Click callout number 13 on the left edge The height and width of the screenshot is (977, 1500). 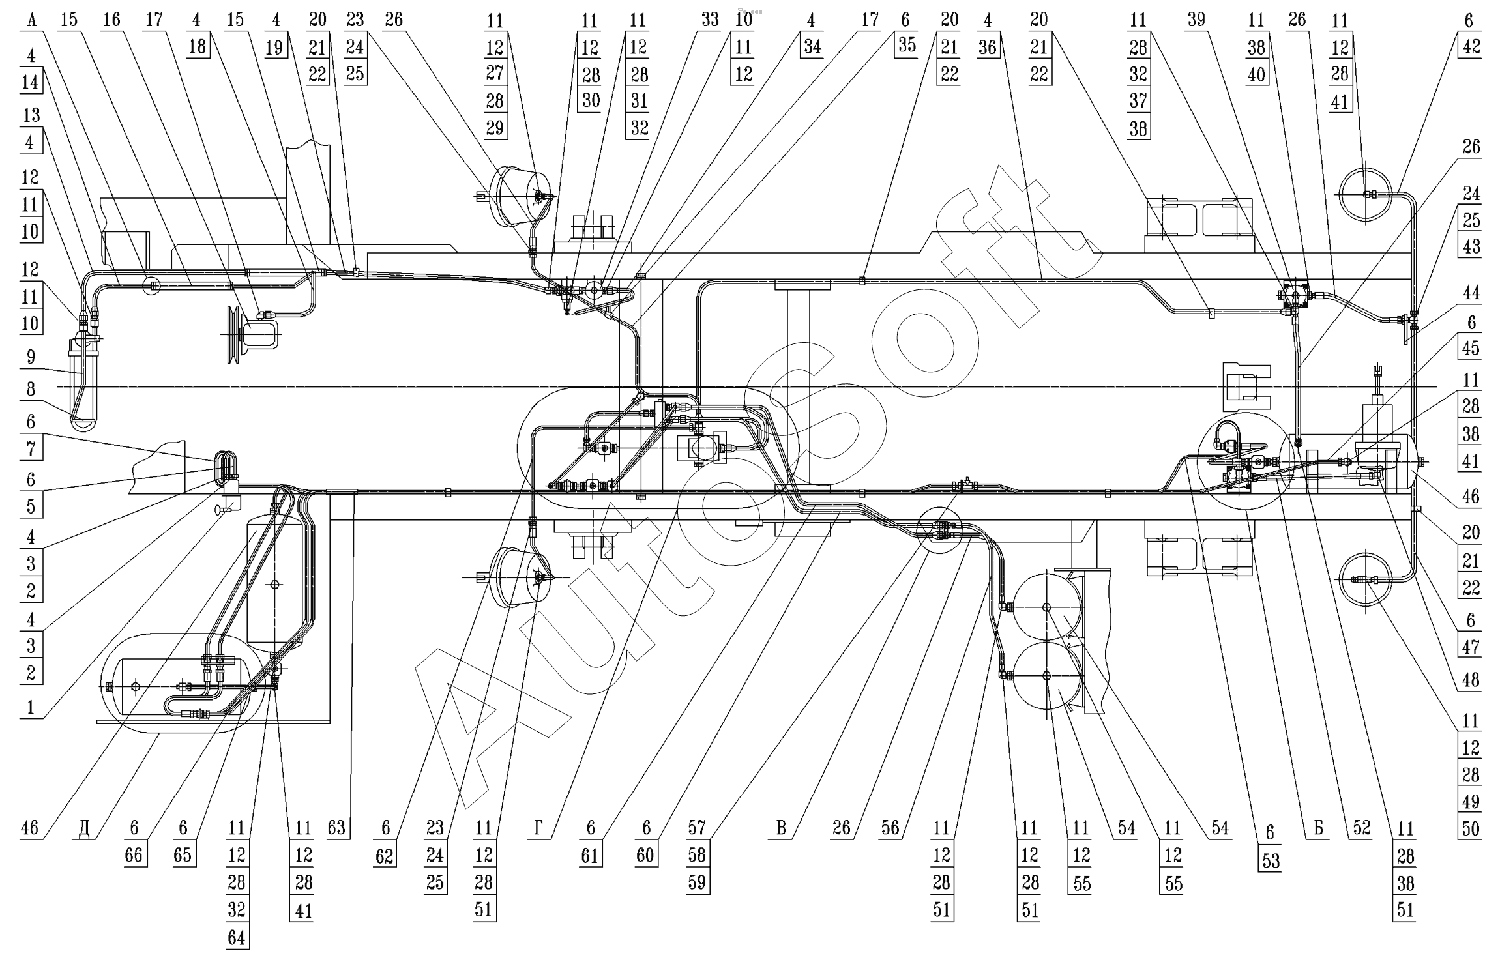pyautogui.click(x=31, y=115)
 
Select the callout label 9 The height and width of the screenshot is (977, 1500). pyautogui.click(x=31, y=357)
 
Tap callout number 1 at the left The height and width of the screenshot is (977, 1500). pyautogui.click(x=31, y=708)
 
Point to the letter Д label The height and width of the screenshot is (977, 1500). pyautogui.click(x=84, y=828)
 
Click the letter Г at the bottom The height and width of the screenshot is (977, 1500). pyautogui.click(x=537, y=828)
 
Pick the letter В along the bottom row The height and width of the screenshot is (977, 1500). pyautogui.click(x=780, y=828)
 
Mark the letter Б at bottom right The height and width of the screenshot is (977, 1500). pyautogui.click(x=1317, y=828)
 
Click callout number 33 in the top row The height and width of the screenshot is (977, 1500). pyautogui.click(x=710, y=20)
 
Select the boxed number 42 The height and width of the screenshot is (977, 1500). pyautogui.click(x=1468, y=47)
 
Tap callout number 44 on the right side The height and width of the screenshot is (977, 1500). pyautogui.click(x=1471, y=293)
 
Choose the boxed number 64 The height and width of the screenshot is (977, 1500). pyautogui.click(x=236, y=937)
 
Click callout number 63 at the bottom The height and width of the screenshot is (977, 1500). pyautogui.click(x=336, y=828)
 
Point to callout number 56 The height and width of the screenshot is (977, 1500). pyautogui.click(x=890, y=828)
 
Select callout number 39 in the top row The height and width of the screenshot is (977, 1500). pyautogui.click(x=1196, y=20)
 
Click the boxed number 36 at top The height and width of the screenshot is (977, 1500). pyautogui.click(x=988, y=47)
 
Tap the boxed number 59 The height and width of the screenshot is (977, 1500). pyautogui.click(x=697, y=882)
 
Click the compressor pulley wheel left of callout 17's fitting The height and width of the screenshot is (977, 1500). pyautogui.click(x=231, y=334)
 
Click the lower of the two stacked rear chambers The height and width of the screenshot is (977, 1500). pyautogui.click(x=1046, y=676)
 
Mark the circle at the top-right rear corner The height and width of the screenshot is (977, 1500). pyautogui.click(x=1364, y=194)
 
